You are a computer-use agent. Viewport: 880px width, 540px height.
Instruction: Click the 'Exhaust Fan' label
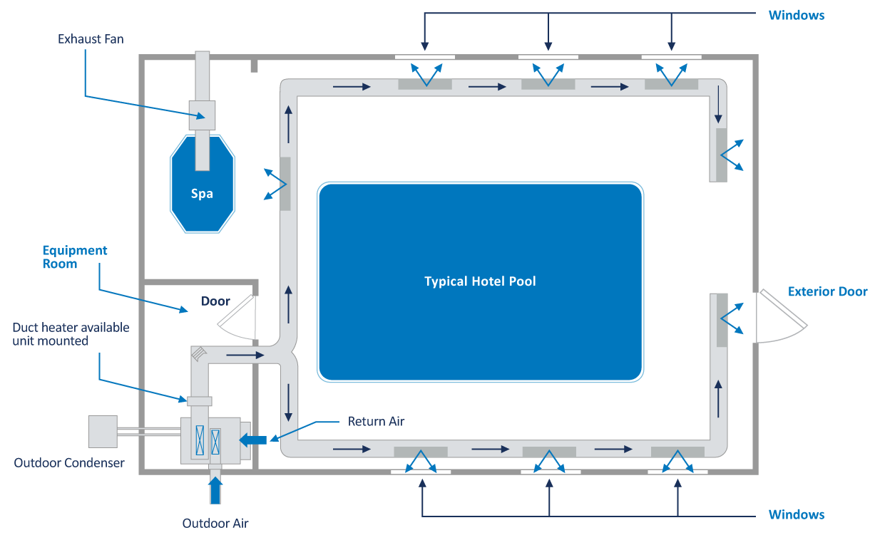[x=91, y=39]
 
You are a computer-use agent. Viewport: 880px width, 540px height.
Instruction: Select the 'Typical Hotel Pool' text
[x=480, y=281]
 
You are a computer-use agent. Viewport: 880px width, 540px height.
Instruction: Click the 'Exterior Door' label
[x=827, y=291]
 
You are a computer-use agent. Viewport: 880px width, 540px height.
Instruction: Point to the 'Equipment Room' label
[x=75, y=257]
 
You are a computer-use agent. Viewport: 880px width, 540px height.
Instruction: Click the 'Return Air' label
[x=376, y=422]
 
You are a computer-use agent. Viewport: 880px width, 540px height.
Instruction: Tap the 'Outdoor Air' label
[x=215, y=524]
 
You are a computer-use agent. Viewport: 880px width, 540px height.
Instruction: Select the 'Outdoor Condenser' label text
[x=69, y=463]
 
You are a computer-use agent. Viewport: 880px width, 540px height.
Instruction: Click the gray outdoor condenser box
[x=102, y=432]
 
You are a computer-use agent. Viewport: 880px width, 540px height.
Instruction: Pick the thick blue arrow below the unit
[x=215, y=489]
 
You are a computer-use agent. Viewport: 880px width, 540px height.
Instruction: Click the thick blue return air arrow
[x=252, y=440]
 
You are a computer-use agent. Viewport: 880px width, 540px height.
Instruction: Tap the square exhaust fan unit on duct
[x=202, y=115]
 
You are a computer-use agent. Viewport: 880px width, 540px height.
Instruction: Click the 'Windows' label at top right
[x=797, y=15]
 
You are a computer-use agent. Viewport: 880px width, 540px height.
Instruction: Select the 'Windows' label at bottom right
[x=797, y=514]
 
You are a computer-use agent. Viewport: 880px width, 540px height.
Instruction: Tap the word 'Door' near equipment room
[x=215, y=301]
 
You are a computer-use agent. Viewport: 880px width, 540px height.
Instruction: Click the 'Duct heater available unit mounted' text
[x=71, y=334]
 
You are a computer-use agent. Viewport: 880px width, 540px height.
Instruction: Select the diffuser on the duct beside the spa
[x=285, y=183]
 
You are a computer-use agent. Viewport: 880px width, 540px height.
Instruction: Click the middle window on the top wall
[x=548, y=57]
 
